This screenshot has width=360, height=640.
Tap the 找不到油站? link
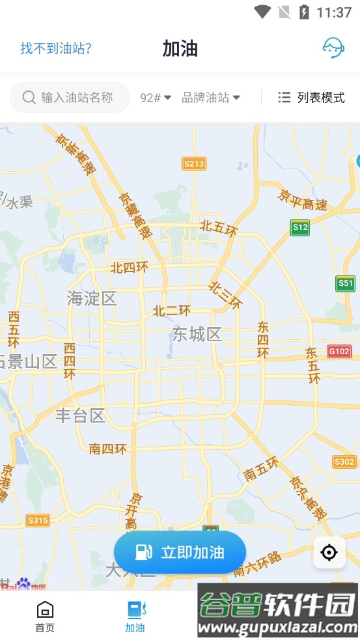(x=56, y=48)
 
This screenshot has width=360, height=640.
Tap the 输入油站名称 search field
(x=70, y=97)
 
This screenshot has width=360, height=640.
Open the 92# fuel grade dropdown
(x=156, y=98)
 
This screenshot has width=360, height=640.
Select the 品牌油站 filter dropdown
(x=211, y=98)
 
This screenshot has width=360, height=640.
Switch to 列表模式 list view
(x=311, y=98)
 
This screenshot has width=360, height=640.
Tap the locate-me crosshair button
(x=329, y=553)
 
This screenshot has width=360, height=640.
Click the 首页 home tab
(x=45, y=617)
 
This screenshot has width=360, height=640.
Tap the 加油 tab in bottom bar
(x=135, y=617)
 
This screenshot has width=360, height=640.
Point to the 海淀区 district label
(x=92, y=299)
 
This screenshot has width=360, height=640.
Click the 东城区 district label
(x=197, y=335)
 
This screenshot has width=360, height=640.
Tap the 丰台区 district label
(x=80, y=415)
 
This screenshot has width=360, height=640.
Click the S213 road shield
(x=194, y=163)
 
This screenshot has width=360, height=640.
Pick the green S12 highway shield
(x=300, y=227)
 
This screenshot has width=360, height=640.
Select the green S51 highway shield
(x=346, y=283)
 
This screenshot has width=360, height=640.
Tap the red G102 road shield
(x=339, y=351)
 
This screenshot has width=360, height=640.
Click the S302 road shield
(x=344, y=462)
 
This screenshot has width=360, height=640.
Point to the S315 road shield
(x=38, y=520)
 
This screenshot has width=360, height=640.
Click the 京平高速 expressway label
(x=302, y=200)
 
